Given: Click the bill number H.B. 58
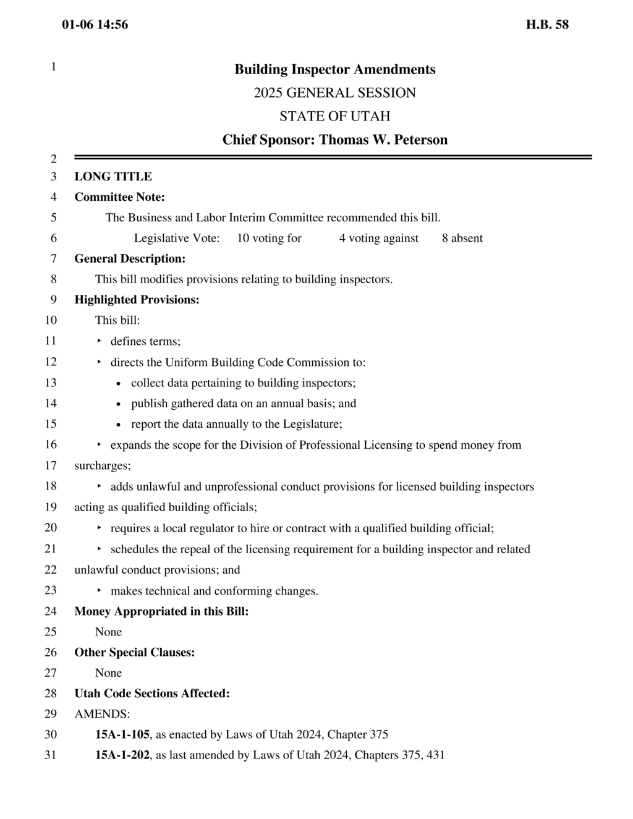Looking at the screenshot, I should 547,25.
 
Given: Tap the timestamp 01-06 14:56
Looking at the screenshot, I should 95,25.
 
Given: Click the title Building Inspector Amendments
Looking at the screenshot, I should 334,69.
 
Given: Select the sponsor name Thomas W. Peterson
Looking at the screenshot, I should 383,140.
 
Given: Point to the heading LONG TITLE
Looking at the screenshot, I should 113,176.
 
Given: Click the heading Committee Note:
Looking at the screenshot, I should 119,197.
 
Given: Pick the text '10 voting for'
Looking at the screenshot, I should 269,238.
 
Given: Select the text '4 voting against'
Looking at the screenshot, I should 378,238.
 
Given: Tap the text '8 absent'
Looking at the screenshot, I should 462,238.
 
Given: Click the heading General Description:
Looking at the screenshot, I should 130,258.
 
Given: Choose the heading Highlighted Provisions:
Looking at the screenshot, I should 137,300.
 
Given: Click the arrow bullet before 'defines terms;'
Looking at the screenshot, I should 99,341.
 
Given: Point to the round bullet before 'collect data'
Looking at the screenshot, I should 119,383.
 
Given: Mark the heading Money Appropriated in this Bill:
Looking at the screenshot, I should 161,611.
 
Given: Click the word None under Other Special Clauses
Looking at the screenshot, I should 108,673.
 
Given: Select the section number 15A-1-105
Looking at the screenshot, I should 122,734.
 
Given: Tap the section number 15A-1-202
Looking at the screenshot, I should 122,755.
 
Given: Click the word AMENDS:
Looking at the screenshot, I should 102,714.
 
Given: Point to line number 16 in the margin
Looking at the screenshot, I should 50,444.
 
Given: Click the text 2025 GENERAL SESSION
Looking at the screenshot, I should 334,93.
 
